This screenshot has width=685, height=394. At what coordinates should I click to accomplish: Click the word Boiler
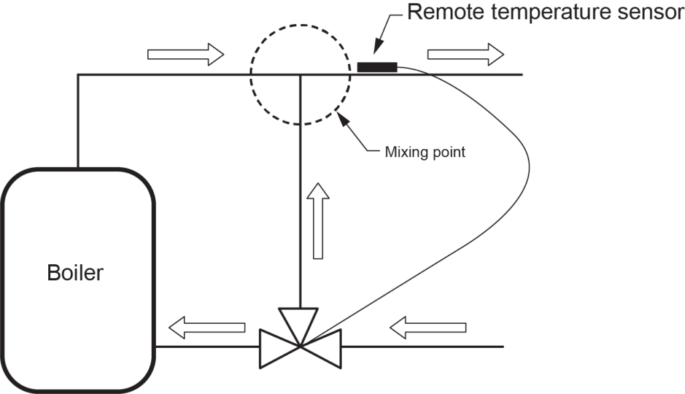point(75,273)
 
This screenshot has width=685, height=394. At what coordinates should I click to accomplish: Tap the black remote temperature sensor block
point(377,66)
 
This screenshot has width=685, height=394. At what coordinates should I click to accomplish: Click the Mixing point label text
point(425,152)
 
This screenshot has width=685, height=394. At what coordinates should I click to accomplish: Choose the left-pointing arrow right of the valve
point(427,327)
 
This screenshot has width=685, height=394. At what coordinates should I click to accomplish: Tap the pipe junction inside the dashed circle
point(300,74)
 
